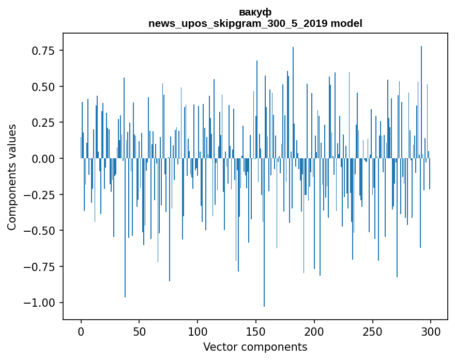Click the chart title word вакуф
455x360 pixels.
[x=255, y=12]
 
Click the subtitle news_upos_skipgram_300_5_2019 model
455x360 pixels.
[x=255, y=23]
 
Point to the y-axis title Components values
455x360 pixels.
[x=12, y=177]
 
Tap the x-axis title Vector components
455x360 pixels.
[x=255, y=347]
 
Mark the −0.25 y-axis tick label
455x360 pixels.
[x=41, y=194]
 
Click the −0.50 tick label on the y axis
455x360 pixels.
[x=41, y=230]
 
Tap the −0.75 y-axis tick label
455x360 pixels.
[x=41, y=266]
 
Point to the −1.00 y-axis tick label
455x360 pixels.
[x=41, y=303]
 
